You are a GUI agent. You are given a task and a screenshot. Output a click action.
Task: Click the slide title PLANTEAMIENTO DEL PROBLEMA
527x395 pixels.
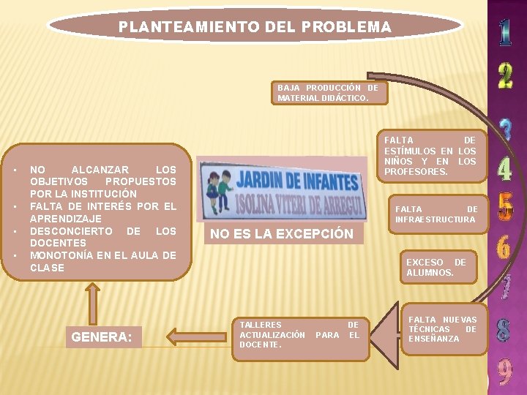(255, 27)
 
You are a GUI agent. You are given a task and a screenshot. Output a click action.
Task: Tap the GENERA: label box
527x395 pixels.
(102, 336)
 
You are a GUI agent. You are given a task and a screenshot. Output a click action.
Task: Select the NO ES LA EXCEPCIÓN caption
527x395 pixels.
(282, 234)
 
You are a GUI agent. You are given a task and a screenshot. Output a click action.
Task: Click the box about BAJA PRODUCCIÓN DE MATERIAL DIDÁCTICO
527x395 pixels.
(328, 92)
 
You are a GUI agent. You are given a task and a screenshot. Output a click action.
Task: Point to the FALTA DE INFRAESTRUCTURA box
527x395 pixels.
(436, 214)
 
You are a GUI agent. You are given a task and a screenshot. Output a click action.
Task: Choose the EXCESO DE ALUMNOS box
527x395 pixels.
(436, 267)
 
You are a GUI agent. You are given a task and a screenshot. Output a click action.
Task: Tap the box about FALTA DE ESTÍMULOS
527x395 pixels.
(430, 155)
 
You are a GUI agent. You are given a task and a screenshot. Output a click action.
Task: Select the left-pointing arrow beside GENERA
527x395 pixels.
(194, 336)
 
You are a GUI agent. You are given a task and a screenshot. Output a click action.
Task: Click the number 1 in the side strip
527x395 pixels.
(505, 30)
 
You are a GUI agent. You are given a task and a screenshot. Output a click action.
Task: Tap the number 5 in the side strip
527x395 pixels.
(505, 207)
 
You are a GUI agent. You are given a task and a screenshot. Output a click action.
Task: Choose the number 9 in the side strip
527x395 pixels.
(505, 371)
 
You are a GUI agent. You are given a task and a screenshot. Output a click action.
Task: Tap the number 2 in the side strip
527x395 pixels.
(505, 75)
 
